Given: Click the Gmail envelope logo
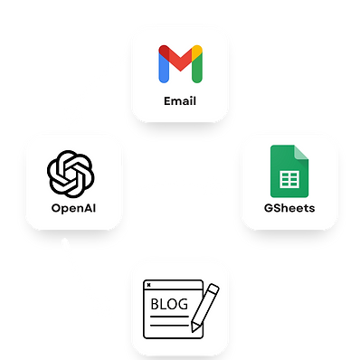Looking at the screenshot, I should point(179,62).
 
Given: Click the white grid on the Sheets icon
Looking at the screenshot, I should point(289,181).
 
